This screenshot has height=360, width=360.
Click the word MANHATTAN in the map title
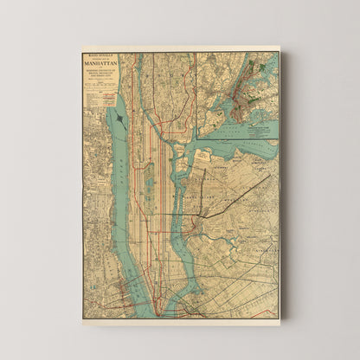(100, 63)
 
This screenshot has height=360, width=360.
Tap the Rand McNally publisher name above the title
(100, 55)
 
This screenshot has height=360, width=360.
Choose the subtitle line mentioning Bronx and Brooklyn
(100, 76)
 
